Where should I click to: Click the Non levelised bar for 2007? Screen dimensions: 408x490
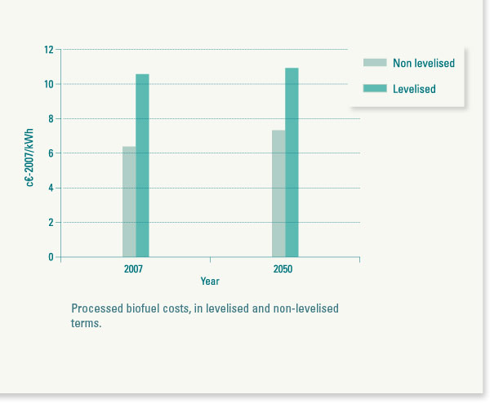click(x=129, y=202)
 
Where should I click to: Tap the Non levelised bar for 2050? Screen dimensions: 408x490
click(x=278, y=193)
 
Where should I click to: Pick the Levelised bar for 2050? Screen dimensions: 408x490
click(x=292, y=162)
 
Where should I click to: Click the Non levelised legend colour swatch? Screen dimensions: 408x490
click(x=375, y=63)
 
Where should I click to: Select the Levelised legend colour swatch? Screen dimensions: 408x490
click(x=375, y=88)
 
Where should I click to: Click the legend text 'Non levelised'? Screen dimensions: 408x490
click(x=424, y=63)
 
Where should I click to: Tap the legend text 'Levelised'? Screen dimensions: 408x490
click(x=414, y=89)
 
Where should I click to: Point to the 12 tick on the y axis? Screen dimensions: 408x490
click(x=48, y=50)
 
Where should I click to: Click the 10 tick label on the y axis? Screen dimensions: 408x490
click(x=48, y=84)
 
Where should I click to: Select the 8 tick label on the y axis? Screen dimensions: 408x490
click(x=50, y=119)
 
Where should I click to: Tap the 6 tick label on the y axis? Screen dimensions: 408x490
click(x=50, y=153)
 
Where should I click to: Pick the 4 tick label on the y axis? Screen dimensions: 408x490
click(x=50, y=188)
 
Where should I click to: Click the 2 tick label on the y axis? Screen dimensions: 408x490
click(x=50, y=223)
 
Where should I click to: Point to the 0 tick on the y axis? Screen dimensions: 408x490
click(x=50, y=257)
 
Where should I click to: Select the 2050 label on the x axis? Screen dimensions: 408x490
click(x=283, y=269)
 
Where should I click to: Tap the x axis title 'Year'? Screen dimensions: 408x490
click(x=210, y=282)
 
